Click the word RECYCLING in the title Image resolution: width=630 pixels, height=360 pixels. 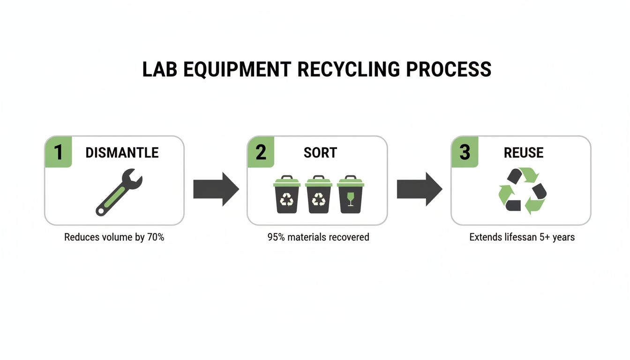[349, 69]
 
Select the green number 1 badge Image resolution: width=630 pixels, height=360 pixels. [58, 152]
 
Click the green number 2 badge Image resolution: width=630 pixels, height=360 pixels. [261, 152]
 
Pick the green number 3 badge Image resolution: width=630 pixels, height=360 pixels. [465, 152]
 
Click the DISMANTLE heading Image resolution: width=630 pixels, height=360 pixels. [122, 152]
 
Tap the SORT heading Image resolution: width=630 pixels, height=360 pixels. [320, 152]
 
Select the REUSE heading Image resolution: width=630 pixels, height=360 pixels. [524, 152]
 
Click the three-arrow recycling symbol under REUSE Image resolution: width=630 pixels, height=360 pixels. [522, 191]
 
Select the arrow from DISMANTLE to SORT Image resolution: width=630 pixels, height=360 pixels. [216, 189]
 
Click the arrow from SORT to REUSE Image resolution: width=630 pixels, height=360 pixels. [420, 189]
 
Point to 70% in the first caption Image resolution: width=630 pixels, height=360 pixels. [156, 237]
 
